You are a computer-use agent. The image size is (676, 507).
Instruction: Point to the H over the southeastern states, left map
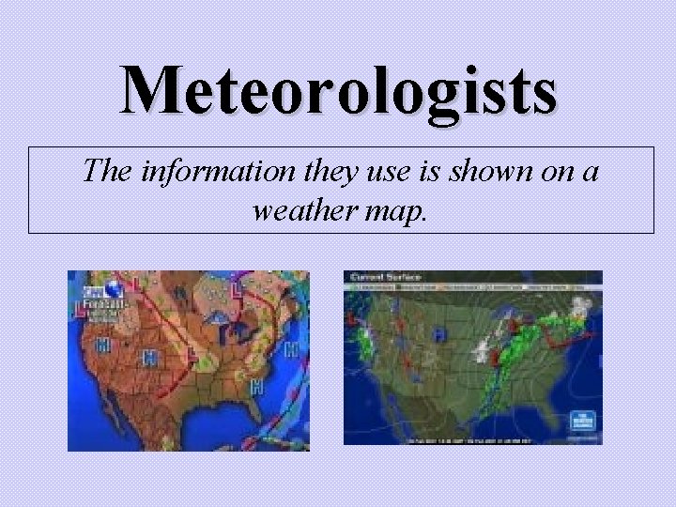coord(257,387)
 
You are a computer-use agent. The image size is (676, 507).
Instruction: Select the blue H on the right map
coord(438,334)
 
